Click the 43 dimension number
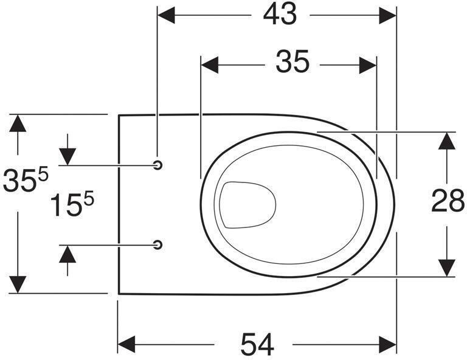[280, 15]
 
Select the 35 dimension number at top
[292, 61]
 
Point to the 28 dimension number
[448, 201]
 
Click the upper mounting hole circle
[158, 165]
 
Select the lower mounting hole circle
[158, 244]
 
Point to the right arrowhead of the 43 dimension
[387, 15]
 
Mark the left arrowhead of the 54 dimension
[126, 345]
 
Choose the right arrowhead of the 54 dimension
[387, 345]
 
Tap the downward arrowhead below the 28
[447, 268]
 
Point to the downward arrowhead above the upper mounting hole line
[67, 156]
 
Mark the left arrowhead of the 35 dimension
[209, 64]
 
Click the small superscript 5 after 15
[89, 198]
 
